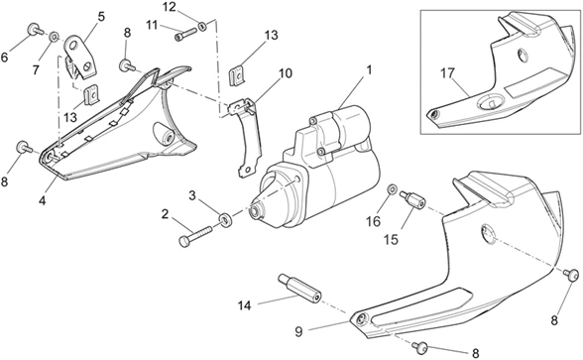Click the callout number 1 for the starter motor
369,69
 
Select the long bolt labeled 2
195,235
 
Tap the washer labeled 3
225,220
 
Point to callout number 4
42,200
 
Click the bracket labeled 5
80,57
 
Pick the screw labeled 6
35,30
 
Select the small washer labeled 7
55,36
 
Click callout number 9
299,331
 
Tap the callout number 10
286,73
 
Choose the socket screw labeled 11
185,35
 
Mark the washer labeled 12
202,26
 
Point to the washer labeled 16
392,189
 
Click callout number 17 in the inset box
448,73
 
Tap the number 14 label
245,305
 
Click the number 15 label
391,240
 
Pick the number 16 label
374,221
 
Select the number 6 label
4,58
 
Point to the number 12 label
170,7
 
